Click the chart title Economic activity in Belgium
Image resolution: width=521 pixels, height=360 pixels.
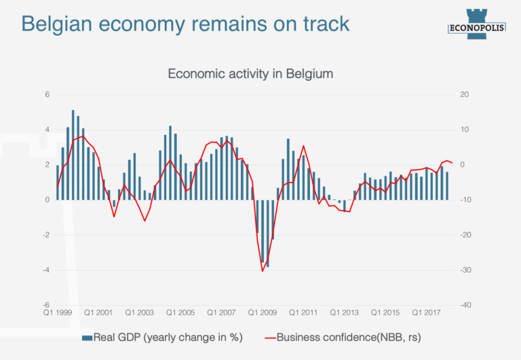(250, 73)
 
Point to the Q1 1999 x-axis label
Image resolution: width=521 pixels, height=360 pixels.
(58, 313)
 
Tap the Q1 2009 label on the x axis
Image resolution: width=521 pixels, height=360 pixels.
(263, 313)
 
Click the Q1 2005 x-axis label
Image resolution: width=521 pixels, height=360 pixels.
(181, 313)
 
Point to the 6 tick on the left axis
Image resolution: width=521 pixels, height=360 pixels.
(47, 94)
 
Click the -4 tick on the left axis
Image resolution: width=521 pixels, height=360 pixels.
(46, 270)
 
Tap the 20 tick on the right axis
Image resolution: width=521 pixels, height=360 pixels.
(465, 94)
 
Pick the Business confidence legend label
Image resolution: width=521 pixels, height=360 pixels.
(349, 337)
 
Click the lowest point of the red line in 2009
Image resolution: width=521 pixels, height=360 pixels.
(263, 271)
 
